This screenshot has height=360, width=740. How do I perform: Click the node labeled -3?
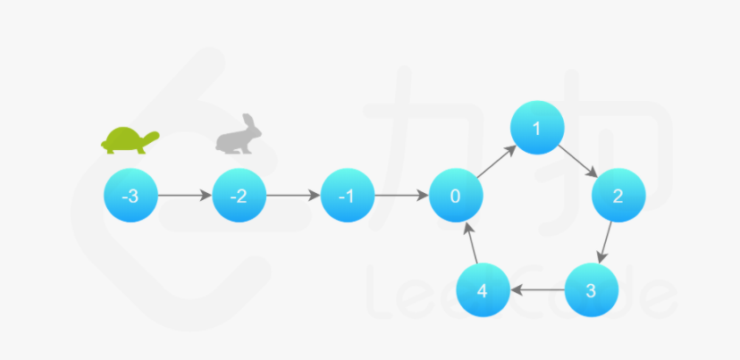tap(130, 197)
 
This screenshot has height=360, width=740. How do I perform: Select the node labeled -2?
tap(239, 197)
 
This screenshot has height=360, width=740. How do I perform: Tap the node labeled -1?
tap(347, 197)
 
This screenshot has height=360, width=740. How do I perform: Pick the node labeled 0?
tap(456, 197)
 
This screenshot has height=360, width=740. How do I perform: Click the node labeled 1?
tap(536, 129)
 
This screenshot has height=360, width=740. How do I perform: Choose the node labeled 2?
tap(618, 197)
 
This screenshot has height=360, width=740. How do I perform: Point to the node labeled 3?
tap(591, 291)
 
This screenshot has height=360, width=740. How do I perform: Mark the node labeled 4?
tap(483, 291)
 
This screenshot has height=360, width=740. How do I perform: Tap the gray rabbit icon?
tap(236, 137)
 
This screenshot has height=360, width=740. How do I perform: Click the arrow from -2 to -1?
tap(292, 197)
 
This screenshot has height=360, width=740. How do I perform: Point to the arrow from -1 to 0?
tap(401, 197)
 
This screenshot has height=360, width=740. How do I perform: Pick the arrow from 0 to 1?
tap(496, 163)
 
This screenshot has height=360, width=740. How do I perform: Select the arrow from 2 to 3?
tap(606, 243)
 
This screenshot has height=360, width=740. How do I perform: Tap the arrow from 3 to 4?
tap(536, 291)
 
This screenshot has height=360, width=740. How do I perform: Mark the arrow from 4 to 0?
tap(470, 243)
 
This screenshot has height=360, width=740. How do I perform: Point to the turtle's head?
tap(152, 137)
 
